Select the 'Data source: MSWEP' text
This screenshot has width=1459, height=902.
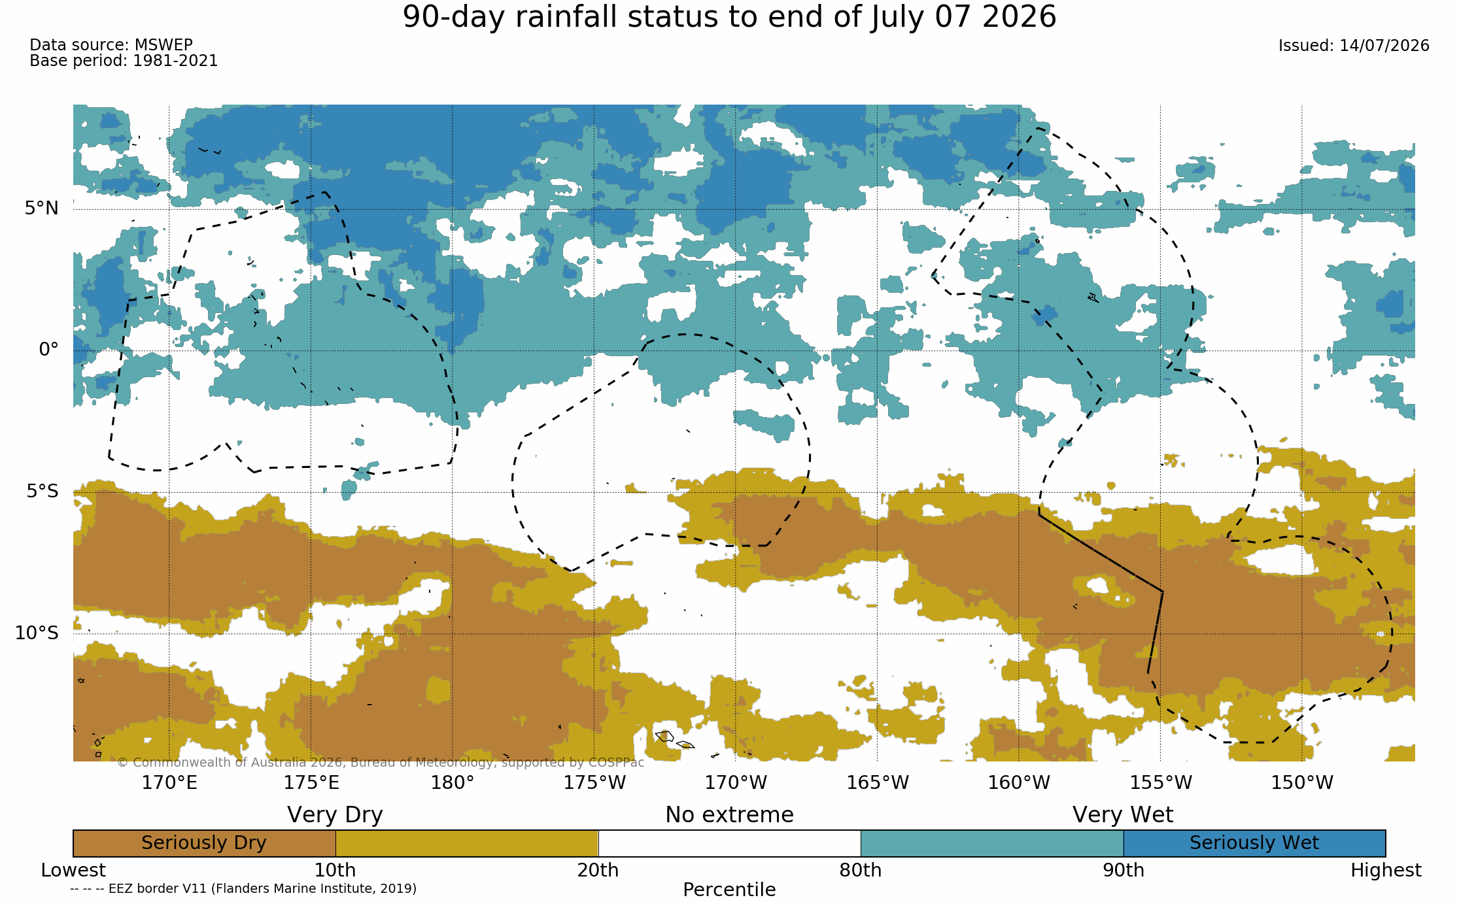point(111,45)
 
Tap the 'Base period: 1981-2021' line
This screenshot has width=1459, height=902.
point(124,61)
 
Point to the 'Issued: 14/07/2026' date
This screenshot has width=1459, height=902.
point(1354,46)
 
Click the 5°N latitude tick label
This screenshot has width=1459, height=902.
point(42,208)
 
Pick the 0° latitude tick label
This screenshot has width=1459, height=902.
point(48,349)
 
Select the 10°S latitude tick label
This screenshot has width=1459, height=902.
point(37,633)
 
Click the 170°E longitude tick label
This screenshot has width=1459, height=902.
point(169,782)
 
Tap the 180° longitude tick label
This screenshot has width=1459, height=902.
point(453,782)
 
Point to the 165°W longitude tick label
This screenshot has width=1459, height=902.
point(878,782)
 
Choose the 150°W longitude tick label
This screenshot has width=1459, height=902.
point(1302,782)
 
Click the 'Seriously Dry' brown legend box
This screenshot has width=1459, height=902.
point(204,843)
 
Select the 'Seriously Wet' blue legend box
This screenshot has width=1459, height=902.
point(1254,843)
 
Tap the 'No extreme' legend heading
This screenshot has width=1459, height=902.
point(729,815)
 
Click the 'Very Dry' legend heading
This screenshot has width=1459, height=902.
point(335,815)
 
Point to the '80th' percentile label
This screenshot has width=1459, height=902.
point(861,871)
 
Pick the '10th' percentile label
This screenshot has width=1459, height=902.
point(335,871)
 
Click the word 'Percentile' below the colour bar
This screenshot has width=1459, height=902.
point(729,890)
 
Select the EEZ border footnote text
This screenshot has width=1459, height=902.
point(243,888)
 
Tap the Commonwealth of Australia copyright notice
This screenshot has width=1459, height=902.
point(381,763)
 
